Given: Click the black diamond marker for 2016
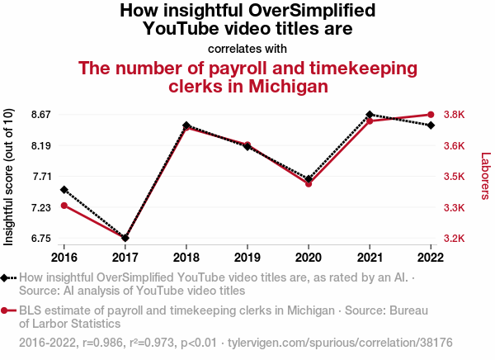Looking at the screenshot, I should pyautogui.click(x=64, y=190).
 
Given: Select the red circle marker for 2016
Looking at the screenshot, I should pyautogui.click(x=64, y=205).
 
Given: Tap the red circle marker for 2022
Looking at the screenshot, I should pyautogui.click(x=431, y=115).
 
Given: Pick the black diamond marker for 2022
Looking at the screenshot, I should pyautogui.click(x=431, y=125).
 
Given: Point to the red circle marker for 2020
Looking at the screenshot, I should pyautogui.click(x=309, y=183).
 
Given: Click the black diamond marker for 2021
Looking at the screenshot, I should pyautogui.click(x=370, y=114).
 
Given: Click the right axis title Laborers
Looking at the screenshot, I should pyautogui.click(x=485, y=176).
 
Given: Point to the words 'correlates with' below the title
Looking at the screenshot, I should pyautogui.click(x=247, y=47).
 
